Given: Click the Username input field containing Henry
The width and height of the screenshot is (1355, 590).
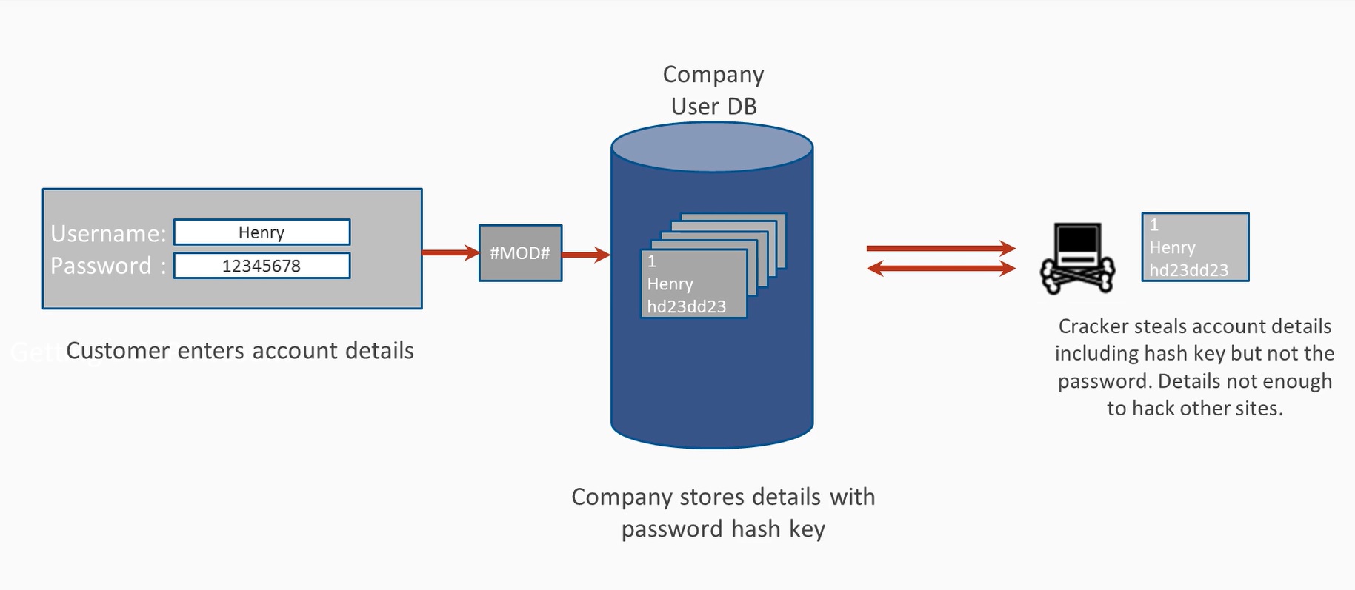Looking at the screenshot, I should (262, 232).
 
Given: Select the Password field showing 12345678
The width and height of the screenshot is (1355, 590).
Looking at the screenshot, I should (262, 266).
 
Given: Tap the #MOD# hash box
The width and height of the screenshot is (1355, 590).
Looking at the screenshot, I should (520, 253).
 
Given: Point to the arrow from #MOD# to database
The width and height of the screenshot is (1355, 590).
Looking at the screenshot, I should (585, 255).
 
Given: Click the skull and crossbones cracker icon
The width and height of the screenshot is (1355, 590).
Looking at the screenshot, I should (1077, 258).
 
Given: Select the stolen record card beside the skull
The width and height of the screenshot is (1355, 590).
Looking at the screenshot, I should (1195, 247).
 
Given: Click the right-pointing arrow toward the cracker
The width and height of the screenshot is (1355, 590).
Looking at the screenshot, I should (941, 248).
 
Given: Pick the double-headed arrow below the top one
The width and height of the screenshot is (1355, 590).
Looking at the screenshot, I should (941, 268).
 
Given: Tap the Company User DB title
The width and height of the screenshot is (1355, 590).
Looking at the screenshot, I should (713, 90).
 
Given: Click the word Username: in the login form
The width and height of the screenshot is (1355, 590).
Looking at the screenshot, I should (108, 234).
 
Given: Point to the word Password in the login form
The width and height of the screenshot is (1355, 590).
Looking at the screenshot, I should (101, 266).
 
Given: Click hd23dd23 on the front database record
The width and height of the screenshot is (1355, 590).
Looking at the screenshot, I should (686, 306).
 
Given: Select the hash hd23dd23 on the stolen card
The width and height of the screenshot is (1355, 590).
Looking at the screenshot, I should (1188, 270).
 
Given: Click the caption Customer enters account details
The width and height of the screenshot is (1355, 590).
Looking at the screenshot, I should (239, 351).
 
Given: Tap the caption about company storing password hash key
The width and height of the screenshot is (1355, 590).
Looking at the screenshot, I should (723, 512).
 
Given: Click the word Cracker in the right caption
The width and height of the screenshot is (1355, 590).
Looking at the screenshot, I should (1093, 326).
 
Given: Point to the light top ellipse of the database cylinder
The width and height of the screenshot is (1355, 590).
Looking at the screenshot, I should (712, 147).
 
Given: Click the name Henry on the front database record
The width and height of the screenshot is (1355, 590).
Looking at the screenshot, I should (670, 284).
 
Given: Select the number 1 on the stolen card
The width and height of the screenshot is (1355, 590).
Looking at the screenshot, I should (1153, 225).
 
